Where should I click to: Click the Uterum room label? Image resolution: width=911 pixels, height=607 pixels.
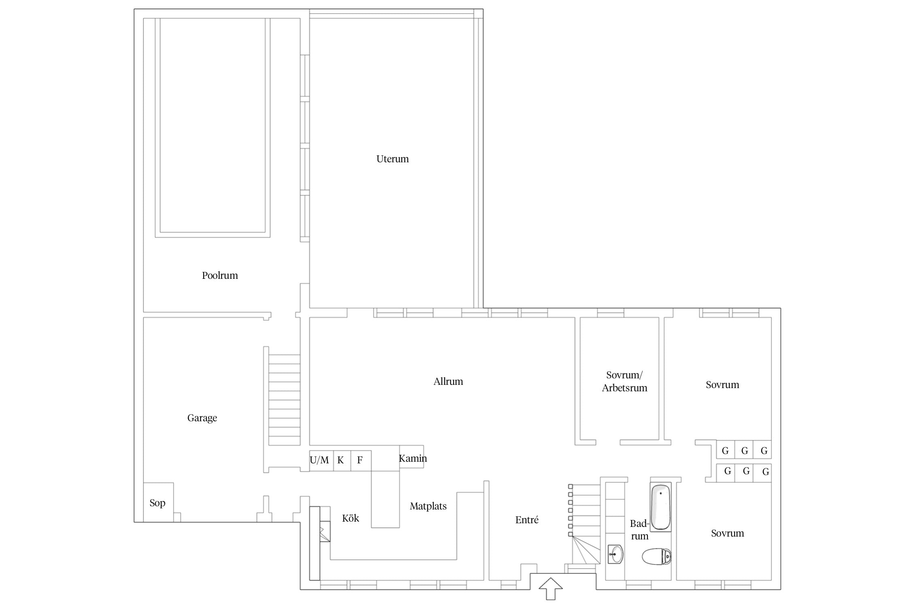tap(392, 159)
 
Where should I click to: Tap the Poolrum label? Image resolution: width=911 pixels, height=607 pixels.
tap(220, 276)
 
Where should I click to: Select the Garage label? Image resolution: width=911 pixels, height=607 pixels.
tap(202, 418)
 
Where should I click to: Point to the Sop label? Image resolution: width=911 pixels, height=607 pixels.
tap(158, 503)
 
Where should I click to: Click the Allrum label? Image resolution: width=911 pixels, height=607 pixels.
tap(448, 382)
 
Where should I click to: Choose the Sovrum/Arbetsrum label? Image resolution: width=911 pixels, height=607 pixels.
tap(624, 382)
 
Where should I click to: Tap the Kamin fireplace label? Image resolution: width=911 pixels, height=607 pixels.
tap(413, 458)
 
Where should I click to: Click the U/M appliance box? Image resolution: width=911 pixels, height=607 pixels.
tap(321, 461)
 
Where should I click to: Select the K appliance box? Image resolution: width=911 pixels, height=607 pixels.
tap(342, 461)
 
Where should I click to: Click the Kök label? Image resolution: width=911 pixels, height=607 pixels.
tap(351, 518)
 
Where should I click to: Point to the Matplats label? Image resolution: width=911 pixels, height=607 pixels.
tap(428, 506)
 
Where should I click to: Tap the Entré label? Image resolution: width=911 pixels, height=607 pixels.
tap(527, 520)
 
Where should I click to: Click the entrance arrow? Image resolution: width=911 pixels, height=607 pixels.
tap(551, 589)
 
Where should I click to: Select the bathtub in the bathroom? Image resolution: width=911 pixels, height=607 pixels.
tap(661, 507)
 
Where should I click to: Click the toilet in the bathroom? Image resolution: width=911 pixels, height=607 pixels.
tap(657, 556)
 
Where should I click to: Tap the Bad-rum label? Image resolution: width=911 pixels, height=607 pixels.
tap(640, 530)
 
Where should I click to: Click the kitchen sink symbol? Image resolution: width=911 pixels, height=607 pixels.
tap(325, 531)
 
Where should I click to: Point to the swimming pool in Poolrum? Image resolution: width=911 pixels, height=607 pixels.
tap(213, 127)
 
